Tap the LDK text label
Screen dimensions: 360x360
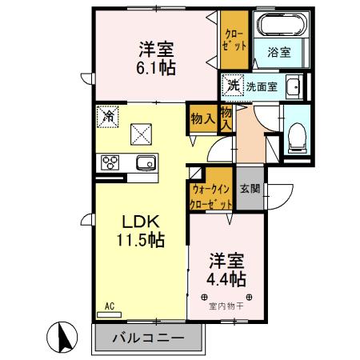(142, 222)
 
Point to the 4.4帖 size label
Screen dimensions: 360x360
(226, 279)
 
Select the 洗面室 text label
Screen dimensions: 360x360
(262, 86)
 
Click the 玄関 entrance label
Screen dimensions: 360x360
(250, 190)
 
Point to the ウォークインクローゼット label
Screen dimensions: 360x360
(210, 196)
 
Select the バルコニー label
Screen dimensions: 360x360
(148, 338)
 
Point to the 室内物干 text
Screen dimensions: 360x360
(226, 305)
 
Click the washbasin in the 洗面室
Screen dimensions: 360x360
(293, 86)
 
